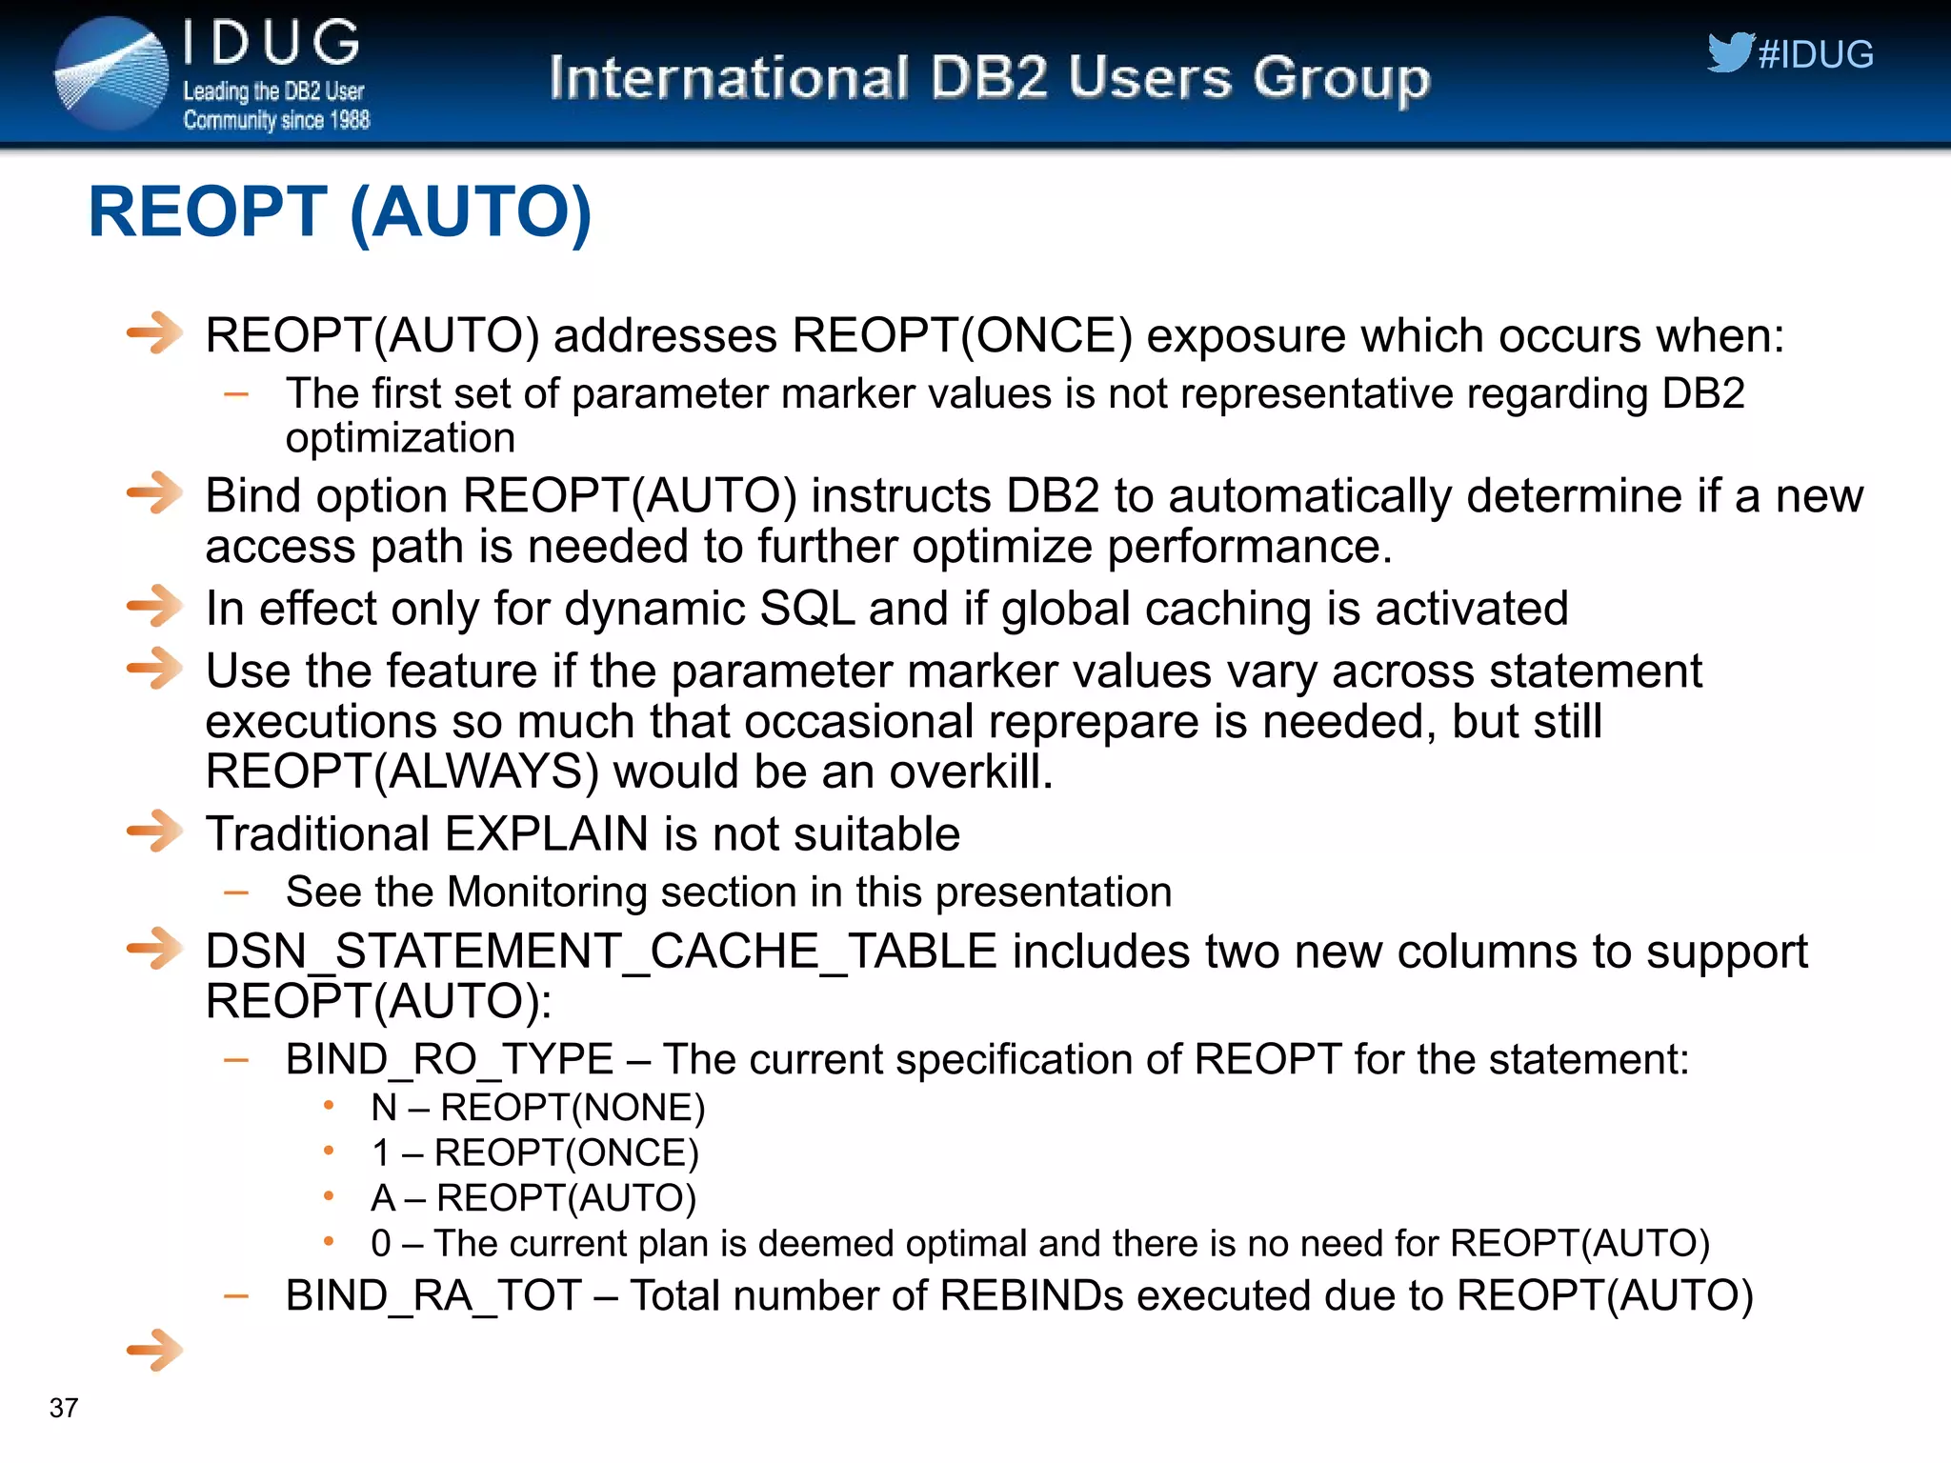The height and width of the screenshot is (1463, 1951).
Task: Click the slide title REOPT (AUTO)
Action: tap(340, 211)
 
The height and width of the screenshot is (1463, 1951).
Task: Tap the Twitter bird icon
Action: tap(1729, 52)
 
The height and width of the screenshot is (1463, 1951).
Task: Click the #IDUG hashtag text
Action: tap(1816, 55)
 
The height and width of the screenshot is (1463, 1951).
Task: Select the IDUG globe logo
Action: tap(111, 73)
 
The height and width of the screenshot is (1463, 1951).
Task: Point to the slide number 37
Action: tap(64, 1408)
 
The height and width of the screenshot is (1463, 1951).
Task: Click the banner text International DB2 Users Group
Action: tap(989, 78)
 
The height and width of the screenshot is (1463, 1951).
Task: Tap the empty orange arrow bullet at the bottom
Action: tap(154, 1350)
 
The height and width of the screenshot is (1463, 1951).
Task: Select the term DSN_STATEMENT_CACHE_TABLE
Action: tap(601, 952)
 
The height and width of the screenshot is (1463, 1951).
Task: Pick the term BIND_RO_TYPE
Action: tap(449, 1059)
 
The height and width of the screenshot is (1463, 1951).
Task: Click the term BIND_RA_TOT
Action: tap(433, 1295)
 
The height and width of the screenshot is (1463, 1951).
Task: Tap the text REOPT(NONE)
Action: tap(573, 1108)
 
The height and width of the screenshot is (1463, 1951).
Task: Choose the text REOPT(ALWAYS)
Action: tap(402, 772)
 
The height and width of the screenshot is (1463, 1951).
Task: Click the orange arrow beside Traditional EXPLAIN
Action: tap(154, 832)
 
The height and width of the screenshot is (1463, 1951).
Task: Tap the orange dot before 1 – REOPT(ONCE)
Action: tap(329, 1151)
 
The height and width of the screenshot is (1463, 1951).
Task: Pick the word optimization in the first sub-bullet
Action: tap(400, 438)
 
